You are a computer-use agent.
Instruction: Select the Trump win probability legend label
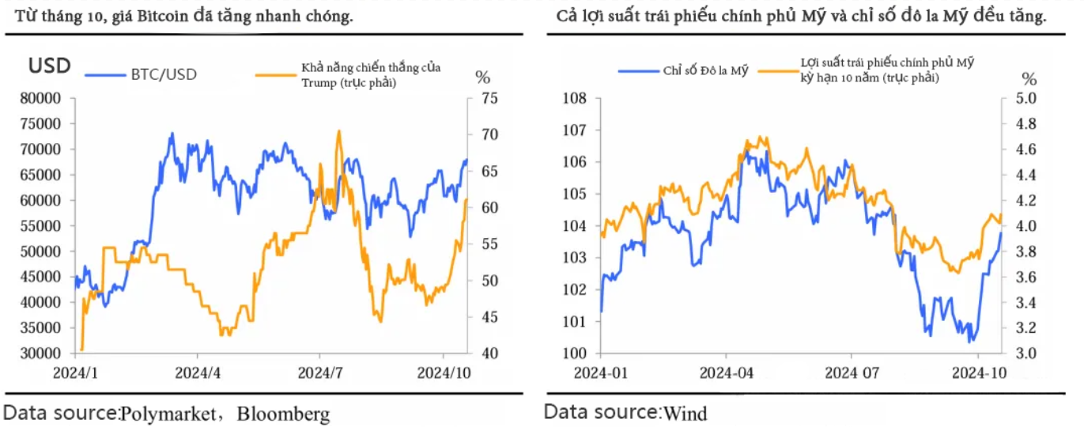point(370,74)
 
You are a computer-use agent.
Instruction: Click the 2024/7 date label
point(320,371)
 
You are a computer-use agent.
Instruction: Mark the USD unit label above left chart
point(49,66)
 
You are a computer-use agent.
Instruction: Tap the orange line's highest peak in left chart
point(339,131)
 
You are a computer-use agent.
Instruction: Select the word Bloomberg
point(283,413)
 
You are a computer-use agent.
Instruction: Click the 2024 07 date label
point(851,371)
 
